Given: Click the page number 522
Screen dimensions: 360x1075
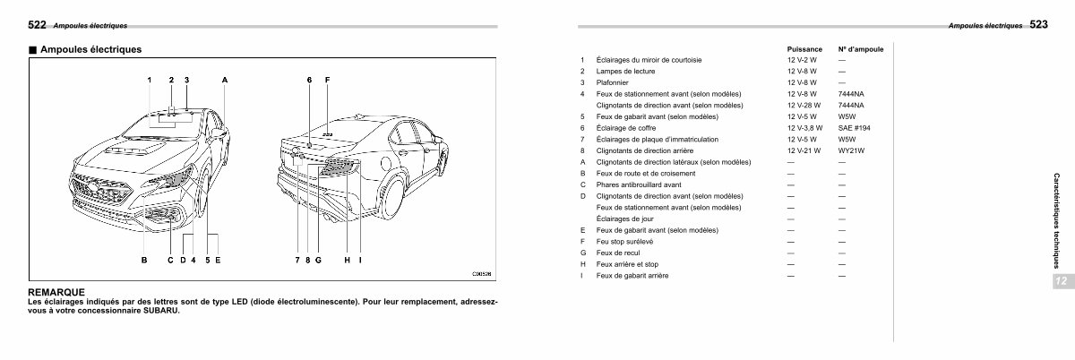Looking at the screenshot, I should (x=37, y=24).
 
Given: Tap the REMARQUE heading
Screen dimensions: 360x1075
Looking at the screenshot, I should (x=56, y=292).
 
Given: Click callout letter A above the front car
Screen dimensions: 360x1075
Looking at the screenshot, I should (x=225, y=81).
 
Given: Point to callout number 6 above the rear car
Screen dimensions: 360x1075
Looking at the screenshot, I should (x=308, y=81).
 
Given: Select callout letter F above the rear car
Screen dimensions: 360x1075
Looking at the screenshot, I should (x=327, y=81).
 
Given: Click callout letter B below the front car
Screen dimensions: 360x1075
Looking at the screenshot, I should (x=143, y=261).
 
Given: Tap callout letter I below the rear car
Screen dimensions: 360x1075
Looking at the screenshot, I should (x=359, y=261).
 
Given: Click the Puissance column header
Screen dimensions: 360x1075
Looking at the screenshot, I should (x=804, y=48).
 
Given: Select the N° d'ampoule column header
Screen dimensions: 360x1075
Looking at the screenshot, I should (x=860, y=48).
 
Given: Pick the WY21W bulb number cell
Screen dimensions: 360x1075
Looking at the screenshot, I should (x=851, y=150).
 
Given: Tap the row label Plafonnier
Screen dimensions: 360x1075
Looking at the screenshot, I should (x=611, y=82).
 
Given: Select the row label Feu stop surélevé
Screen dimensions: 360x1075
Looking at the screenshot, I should (x=624, y=241).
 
